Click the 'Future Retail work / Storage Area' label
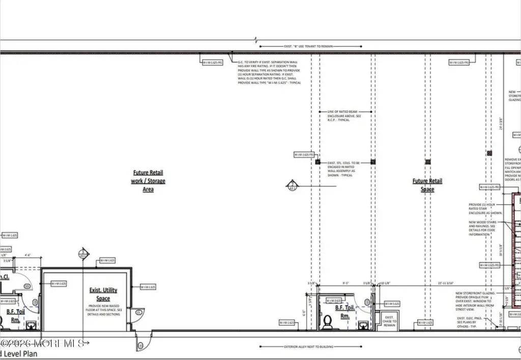(x=148, y=181)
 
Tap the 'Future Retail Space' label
(x=427, y=185)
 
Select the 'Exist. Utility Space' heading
(x=103, y=293)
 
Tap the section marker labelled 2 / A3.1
(x=292, y=186)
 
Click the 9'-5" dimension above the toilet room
(x=345, y=284)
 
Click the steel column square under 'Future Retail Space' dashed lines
(x=427, y=162)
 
